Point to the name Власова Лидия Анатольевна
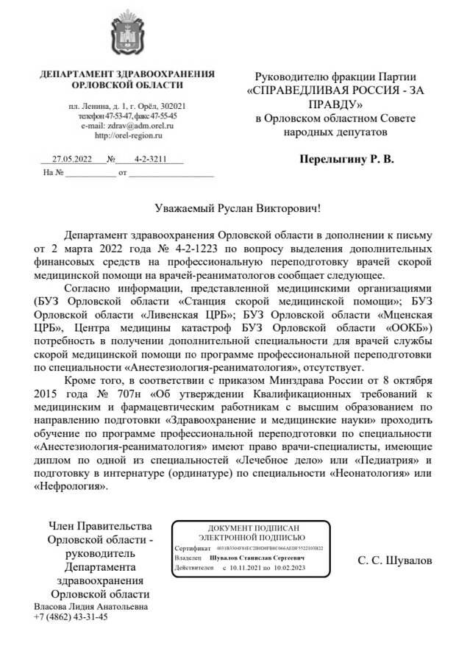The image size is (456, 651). (x=90, y=607)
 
